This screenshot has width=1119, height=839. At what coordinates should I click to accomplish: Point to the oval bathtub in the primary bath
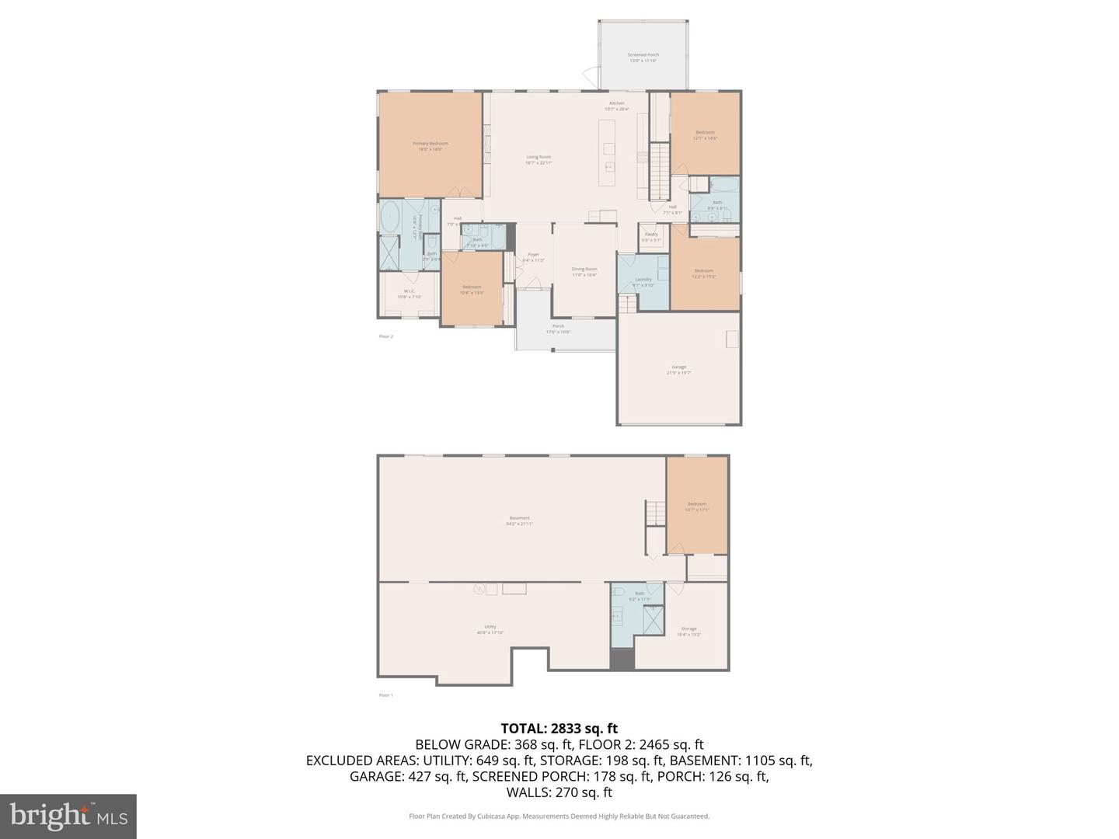389,219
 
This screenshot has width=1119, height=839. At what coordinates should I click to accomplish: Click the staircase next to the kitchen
659,172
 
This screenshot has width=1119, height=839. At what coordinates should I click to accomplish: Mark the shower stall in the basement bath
653,618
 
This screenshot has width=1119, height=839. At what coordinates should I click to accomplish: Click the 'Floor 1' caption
385,695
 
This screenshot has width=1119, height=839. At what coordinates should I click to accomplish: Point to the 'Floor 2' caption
385,336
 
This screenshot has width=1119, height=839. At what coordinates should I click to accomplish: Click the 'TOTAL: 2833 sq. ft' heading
559,729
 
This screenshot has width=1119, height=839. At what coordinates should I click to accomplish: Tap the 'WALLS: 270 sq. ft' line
559,792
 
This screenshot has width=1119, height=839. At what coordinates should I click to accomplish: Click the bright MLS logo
68,816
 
